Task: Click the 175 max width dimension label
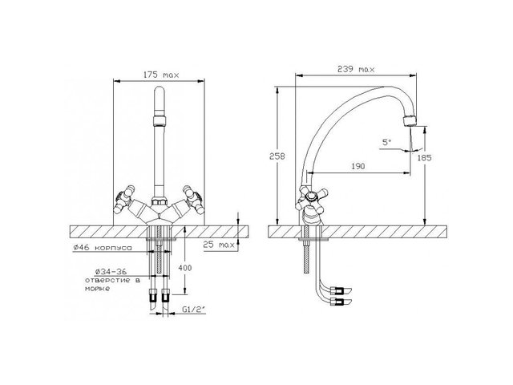click(162, 75)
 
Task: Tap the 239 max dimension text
click(356, 69)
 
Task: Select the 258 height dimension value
click(277, 156)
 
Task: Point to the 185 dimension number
click(425, 158)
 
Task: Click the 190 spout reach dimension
click(358, 166)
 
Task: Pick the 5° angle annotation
click(386, 142)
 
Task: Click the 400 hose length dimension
click(185, 268)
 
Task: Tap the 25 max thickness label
click(219, 245)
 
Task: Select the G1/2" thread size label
click(191, 309)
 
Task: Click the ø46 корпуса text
click(103, 248)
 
